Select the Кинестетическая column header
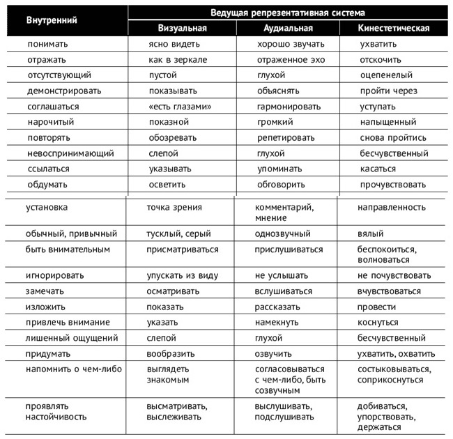click(394, 29)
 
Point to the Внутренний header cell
click(52, 20)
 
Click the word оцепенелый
click(386, 75)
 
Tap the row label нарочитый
click(51, 122)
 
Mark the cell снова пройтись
click(393, 138)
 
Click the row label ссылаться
click(49, 169)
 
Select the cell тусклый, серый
click(178, 233)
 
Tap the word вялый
click(370, 233)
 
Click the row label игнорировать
click(55, 275)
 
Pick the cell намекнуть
click(277, 323)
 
